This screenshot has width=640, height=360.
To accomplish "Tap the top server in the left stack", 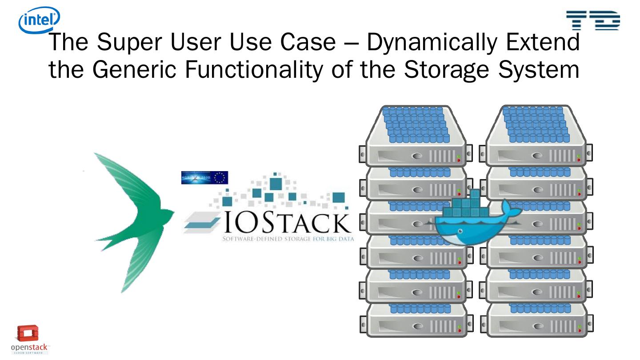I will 413,133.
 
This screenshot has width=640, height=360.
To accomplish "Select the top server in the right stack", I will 533,133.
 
